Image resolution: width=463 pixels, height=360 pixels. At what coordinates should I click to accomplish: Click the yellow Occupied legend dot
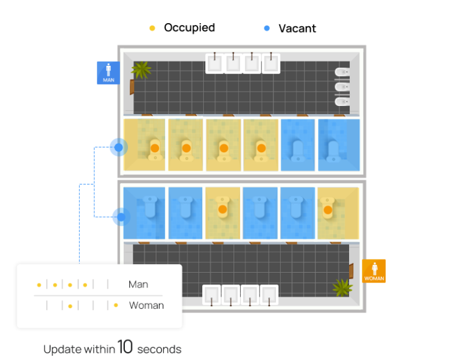(x=152, y=28)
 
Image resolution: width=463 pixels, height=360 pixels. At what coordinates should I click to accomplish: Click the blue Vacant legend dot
(x=267, y=28)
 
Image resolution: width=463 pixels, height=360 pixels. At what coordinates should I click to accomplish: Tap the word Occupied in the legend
(x=189, y=27)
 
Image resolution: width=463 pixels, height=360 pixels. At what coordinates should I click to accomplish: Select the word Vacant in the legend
(x=297, y=28)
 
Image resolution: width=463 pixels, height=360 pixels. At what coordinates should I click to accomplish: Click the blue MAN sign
(x=108, y=72)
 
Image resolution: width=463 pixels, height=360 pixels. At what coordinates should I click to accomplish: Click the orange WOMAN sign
(x=374, y=271)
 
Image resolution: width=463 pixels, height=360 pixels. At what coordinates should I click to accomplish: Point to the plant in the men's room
(x=142, y=69)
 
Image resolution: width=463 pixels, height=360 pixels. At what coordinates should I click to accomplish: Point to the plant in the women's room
(x=342, y=286)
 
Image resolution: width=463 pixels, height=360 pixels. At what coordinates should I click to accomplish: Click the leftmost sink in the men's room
(x=214, y=63)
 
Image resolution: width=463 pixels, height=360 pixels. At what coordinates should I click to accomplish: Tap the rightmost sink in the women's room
(x=269, y=295)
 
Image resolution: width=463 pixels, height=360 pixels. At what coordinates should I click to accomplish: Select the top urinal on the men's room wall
(x=341, y=72)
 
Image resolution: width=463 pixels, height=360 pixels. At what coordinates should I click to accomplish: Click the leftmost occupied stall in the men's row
(x=144, y=145)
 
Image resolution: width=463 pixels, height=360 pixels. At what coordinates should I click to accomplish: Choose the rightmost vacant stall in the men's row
(x=338, y=145)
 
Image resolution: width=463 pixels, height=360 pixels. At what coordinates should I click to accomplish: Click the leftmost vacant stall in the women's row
(x=144, y=213)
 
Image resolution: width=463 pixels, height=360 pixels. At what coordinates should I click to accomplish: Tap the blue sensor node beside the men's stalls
(x=119, y=147)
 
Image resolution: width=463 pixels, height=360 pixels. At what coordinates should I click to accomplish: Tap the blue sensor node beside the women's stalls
(x=121, y=216)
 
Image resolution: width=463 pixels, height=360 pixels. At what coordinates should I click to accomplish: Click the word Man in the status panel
(x=138, y=284)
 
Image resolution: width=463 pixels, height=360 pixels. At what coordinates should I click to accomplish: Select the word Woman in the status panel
(x=146, y=305)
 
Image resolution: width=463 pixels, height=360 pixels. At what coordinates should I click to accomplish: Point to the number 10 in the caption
(x=125, y=348)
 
